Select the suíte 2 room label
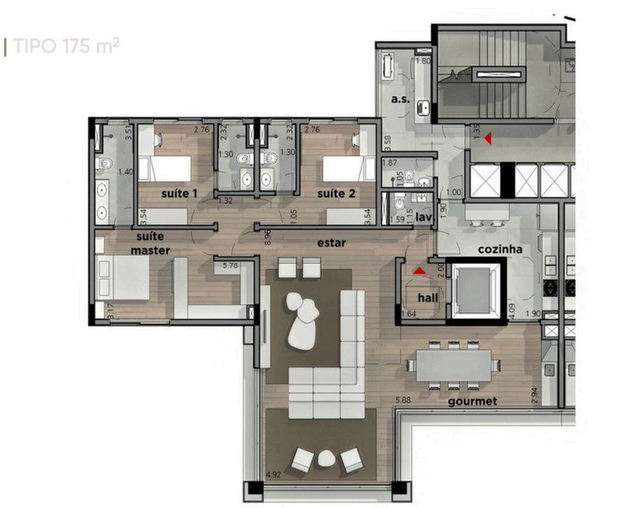(336, 193)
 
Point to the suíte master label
(150, 243)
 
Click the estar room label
(331, 243)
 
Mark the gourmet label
(472, 401)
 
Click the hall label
(428, 297)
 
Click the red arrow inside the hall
(419, 270)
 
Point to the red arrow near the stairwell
(488, 138)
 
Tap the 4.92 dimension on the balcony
(273, 476)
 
